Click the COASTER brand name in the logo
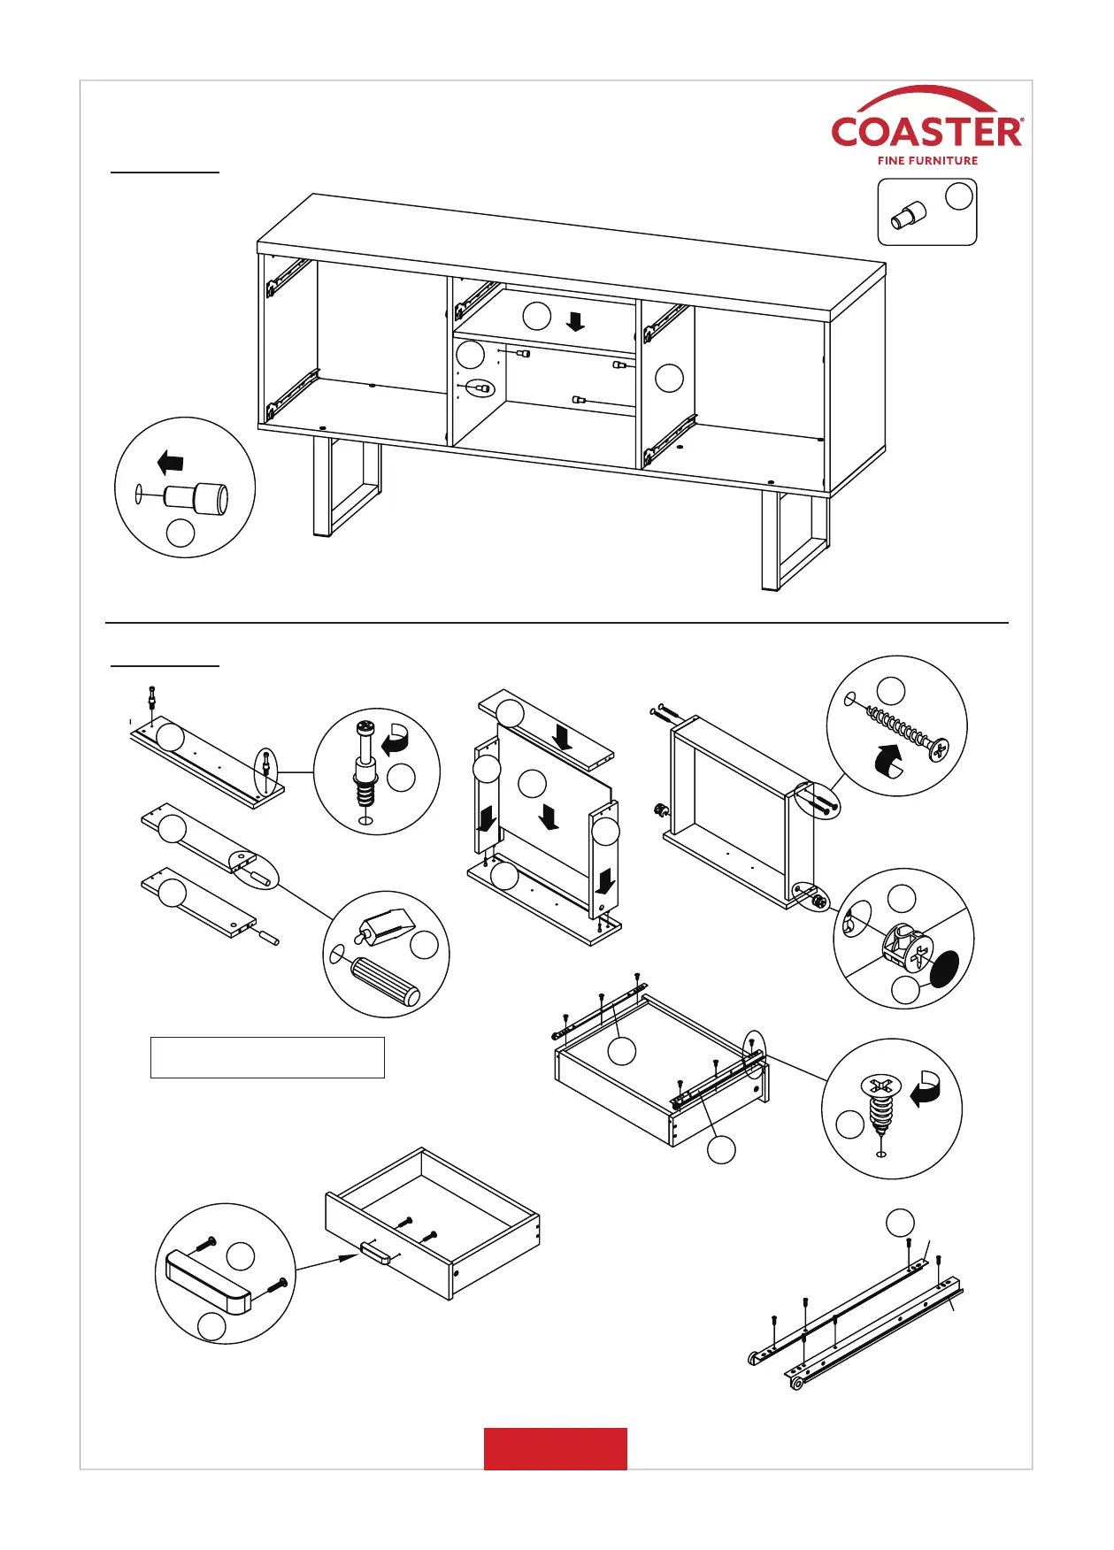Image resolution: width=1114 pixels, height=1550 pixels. pyautogui.click(x=926, y=132)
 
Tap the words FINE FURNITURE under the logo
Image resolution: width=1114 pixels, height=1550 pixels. pyautogui.click(x=927, y=161)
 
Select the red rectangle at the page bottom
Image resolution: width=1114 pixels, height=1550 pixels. pyautogui.click(x=555, y=1448)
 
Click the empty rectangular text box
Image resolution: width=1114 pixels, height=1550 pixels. pyautogui.click(x=267, y=1057)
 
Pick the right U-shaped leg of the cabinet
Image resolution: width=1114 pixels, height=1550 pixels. pyautogui.click(x=794, y=541)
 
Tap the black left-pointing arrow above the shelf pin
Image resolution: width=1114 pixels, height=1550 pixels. pyautogui.click(x=170, y=462)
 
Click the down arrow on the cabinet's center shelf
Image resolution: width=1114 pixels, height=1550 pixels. pyautogui.click(x=575, y=320)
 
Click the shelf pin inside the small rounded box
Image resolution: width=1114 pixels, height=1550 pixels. pyautogui.click(x=908, y=215)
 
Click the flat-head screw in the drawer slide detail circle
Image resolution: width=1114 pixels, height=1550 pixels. pyautogui.click(x=880, y=1102)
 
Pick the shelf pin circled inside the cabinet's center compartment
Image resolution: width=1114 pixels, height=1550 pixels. pyautogui.click(x=481, y=388)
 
